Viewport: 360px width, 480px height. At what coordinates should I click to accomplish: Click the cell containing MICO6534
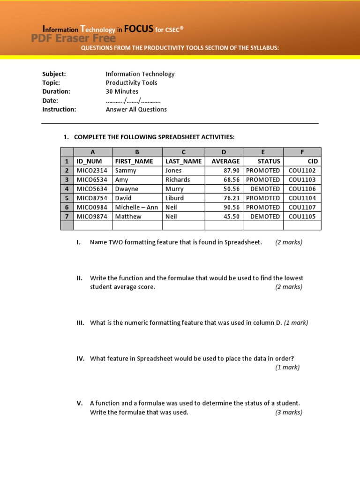point(92,180)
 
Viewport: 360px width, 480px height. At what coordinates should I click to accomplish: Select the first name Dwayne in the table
point(127,189)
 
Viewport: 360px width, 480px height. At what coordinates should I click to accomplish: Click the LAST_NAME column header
point(183,161)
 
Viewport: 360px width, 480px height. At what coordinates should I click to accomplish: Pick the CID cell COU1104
point(302,198)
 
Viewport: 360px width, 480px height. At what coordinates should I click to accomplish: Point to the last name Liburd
point(174,198)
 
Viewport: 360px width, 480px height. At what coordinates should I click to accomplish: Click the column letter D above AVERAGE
point(224,152)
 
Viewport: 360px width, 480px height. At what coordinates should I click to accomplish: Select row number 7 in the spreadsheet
point(67,217)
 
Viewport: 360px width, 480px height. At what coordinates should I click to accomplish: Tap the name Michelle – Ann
point(136,207)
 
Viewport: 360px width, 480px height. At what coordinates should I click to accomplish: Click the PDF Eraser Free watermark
point(73,38)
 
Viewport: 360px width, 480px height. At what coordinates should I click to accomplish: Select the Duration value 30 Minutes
point(122,91)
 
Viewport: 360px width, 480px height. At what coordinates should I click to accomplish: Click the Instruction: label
point(59,109)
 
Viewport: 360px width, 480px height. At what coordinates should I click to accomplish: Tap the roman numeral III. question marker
point(80,322)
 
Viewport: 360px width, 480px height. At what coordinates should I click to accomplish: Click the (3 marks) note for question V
point(289,412)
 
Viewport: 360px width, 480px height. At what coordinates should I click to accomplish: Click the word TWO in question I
point(115,242)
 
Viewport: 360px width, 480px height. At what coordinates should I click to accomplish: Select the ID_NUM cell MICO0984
point(92,207)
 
